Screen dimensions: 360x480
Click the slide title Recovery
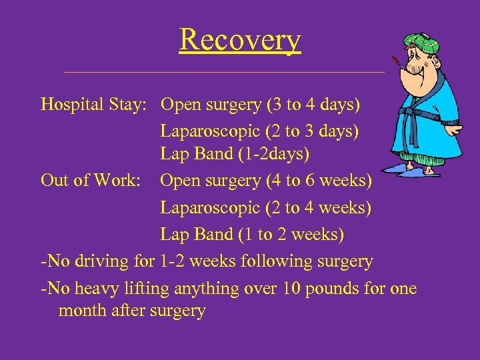click(240, 40)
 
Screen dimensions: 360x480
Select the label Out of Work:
click(89, 181)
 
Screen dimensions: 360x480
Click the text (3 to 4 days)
click(313, 105)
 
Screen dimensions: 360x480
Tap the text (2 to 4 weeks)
click(318, 208)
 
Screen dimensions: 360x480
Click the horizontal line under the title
click(224, 71)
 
